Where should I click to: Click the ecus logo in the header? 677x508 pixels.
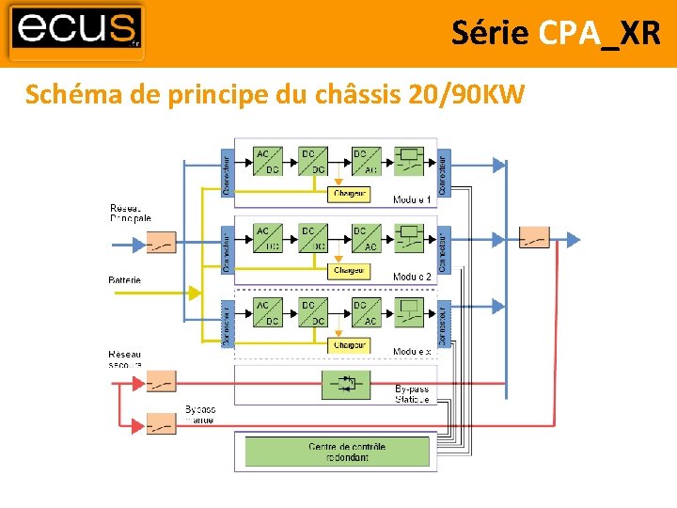[x=77, y=31]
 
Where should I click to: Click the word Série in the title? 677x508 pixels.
[x=490, y=33]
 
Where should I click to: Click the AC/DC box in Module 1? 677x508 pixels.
[x=267, y=161]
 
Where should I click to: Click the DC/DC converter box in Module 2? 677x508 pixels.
[x=313, y=238]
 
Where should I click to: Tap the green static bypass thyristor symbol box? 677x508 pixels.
[x=348, y=384]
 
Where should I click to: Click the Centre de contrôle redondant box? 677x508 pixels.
[x=337, y=452]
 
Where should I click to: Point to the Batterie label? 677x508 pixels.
[x=125, y=280]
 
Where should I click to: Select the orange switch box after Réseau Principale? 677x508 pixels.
[x=161, y=244]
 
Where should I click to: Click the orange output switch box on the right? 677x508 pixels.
[x=534, y=238]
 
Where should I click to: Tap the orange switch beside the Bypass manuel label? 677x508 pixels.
[x=161, y=423]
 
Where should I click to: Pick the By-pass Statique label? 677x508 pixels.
[x=412, y=393]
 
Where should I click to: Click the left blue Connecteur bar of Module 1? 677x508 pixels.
[x=227, y=168]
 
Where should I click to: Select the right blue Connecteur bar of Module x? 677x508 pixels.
[x=444, y=322]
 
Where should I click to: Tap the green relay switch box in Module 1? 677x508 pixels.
[x=410, y=161]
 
